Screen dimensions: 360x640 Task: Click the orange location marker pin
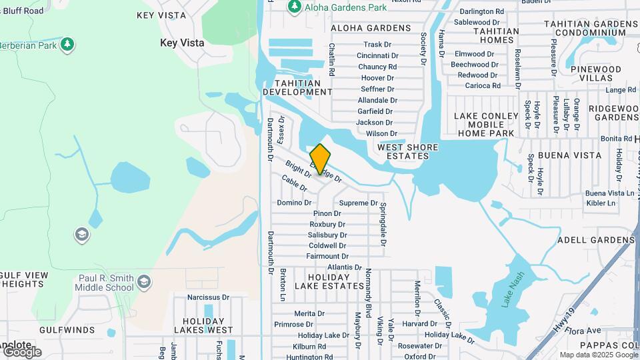tap(320, 159)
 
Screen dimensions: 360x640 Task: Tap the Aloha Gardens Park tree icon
tap(294, 7)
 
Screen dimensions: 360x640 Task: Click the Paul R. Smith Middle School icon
tap(144, 283)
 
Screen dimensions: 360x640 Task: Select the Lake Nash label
tap(513, 289)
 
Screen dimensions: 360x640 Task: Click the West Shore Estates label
tap(407, 151)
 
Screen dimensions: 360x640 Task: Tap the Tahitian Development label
tap(296, 87)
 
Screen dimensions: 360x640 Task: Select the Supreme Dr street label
tap(358, 203)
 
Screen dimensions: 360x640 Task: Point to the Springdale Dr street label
tap(384, 223)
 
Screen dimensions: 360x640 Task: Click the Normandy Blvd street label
tap(367, 291)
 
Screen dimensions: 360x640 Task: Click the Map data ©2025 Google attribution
tap(597, 355)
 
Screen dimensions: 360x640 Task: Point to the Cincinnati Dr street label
tap(377, 55)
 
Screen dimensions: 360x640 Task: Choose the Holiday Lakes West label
tap(203, 324)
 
